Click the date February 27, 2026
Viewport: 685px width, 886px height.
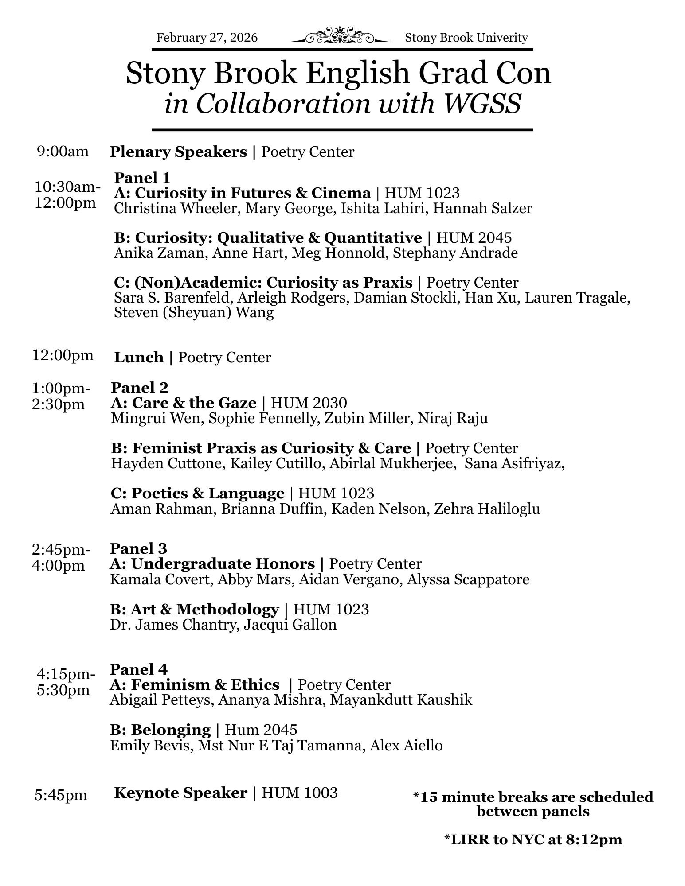pyautogui.click(x=207, y=38)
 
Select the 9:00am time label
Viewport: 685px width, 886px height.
pyautogui.click(x=63, y=152)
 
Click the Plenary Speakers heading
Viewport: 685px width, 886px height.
pyautogui.click(x=178, y=152)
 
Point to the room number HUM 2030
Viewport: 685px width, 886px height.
pyautogui.click(x=309, y=403)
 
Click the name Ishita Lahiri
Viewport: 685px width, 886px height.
pyautogui.click(x=382, y=208)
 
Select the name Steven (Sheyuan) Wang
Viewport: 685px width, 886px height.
pyautogui.click(x=194, y=312)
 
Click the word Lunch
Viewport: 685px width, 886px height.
pyautogui.click(x=139, y=357)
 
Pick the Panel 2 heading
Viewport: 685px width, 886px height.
pyautogui.click(x=140, y=388)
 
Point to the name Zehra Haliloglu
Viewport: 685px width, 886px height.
pyautogui.click(x=487, y=509)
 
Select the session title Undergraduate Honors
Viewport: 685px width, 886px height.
pyautogui.click(x=223, y=564)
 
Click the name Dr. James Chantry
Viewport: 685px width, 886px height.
pyautogui.click(x=172, y=625)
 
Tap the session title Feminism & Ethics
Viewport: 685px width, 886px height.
pyautogui.click(x=205, y=685)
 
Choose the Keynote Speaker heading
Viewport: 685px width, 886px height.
pyautogui.click(x=180, y=793)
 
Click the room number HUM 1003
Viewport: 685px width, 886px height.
pyautogui.click(x=300, y=793)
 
